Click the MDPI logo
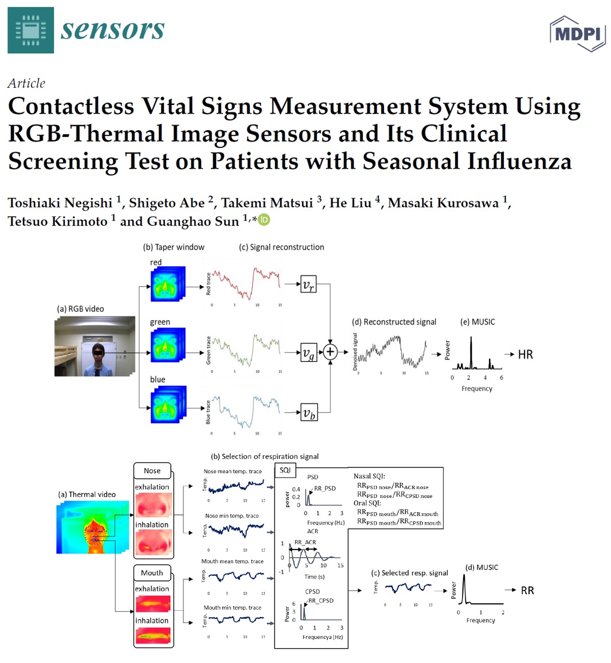click(577, 33)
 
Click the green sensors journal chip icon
click(30, 30)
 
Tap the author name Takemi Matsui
click(268, 203)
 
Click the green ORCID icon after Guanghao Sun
click(264, 220)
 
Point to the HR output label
click(525, 354)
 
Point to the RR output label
click(527, 590)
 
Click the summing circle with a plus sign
click(330, 352)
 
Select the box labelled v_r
click(308, 284)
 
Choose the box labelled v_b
click(308, 412)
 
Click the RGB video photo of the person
click(95, 346)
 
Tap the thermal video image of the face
click(92, 527)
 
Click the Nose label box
click(152, 471)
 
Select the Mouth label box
click(152, 572)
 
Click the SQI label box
click(285, 470)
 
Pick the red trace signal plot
click(244, 284)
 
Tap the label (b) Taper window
click(174, 247)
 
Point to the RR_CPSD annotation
click(320, 600)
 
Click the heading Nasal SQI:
click(369, 476)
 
